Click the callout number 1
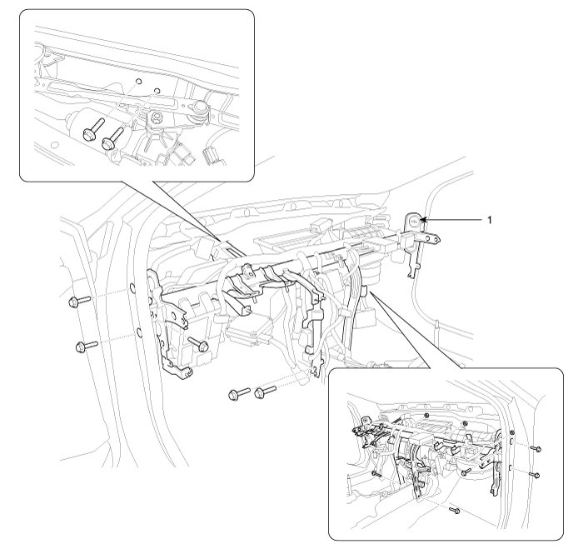490,220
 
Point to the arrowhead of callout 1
425,220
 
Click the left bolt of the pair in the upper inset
91,127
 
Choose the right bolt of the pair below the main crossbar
264,389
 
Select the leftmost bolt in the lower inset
376,473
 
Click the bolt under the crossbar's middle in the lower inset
466,471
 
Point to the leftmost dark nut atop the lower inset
426,414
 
